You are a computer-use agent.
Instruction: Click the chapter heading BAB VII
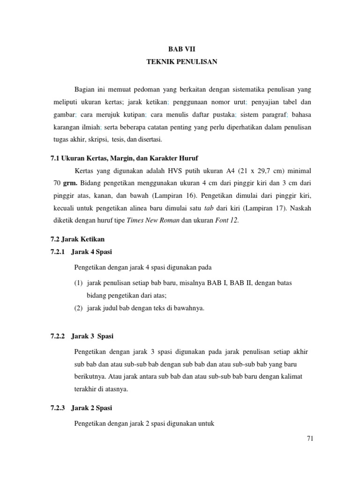coord(180,49)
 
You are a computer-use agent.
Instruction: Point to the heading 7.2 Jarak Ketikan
coord(77,239)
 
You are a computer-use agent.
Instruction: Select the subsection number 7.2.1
coord(59,252)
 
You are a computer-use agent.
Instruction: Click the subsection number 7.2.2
coord(59,336)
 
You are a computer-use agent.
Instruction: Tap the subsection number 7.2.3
coord(59,408)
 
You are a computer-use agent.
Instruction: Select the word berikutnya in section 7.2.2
coord(90,376)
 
